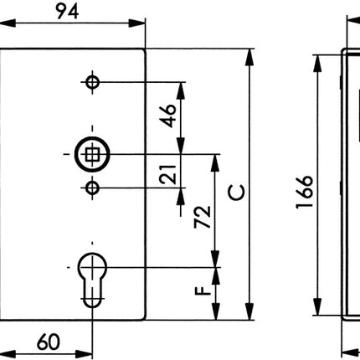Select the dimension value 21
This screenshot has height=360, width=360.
pyautogui.click(x=168, y=174)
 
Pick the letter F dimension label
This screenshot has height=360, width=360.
pyautogui.click(x=202, y=292)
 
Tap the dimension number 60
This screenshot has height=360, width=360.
pyautogui.click(x=49, y=342)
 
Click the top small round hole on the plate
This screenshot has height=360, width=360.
pyautogui.click(x=92, y=82)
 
